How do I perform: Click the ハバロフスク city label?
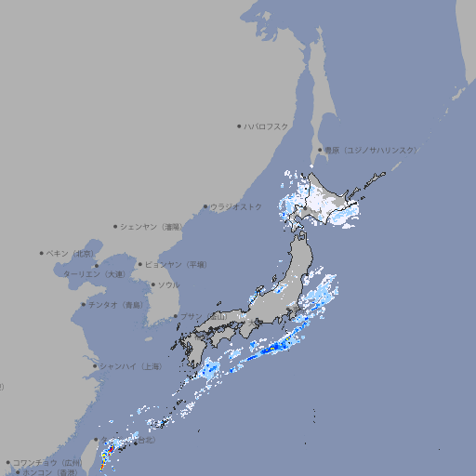point(267,126)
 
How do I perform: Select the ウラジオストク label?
point(236,206)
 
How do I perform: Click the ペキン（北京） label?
point(72,253)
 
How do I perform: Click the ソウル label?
point(168,284)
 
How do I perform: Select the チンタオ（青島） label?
point(116,304)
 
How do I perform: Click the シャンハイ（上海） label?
point(131,366)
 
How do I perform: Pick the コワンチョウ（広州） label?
point(47,462)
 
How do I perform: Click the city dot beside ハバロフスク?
point(239,126)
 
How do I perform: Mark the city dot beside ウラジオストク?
point(205,206)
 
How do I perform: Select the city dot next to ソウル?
point(152,284)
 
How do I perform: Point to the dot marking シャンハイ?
point(95,366)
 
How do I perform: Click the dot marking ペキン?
point(42,253)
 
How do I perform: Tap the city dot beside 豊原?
point(320,150)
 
